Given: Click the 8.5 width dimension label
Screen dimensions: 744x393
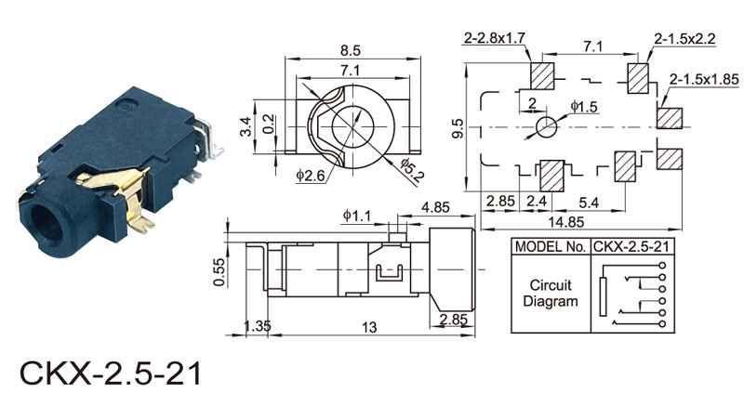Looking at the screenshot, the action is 351,50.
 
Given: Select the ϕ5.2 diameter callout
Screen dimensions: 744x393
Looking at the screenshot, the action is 410,170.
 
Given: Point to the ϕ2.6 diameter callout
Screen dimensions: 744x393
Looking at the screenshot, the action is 311,176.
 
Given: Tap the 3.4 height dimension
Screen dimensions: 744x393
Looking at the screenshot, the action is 246,126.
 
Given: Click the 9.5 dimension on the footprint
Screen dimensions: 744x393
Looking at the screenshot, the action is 458,128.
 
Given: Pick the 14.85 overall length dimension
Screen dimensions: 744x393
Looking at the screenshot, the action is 566,222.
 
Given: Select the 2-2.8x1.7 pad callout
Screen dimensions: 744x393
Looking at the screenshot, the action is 495,38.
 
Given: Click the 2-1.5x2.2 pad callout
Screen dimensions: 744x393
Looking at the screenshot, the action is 684,38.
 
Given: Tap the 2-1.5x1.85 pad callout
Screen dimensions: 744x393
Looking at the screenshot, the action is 704,79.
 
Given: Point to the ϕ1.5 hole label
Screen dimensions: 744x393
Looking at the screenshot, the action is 584,107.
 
